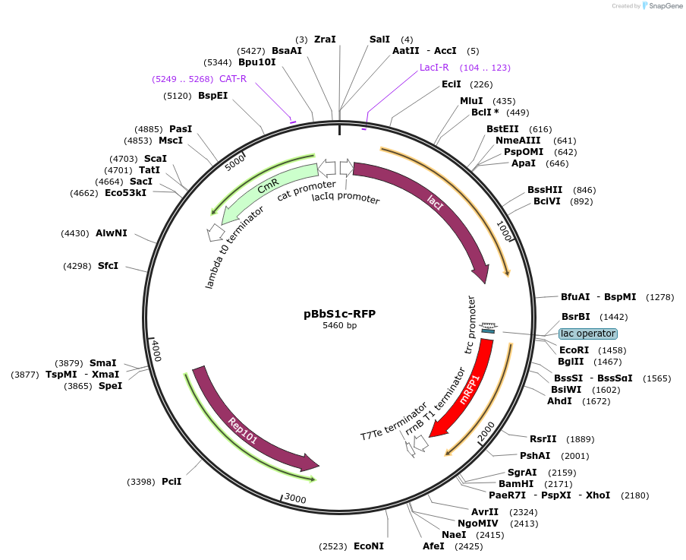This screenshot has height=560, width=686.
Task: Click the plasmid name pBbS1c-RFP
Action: tap(339, 313)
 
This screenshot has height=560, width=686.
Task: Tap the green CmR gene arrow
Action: tap(266, 189)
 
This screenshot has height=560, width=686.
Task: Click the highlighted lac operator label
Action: tap(588, 334)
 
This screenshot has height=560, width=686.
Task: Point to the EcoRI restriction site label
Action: tap(574, 350)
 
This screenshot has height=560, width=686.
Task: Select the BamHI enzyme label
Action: tap(516, 483)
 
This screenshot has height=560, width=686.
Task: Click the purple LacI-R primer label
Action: tap(434, 68)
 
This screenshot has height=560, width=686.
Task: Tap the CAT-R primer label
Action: tap(233, 78)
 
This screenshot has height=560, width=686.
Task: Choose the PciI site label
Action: tap(171, 481)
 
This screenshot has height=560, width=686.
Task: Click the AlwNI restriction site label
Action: tap(112, 233)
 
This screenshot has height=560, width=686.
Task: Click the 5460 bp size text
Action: tap(339, 326)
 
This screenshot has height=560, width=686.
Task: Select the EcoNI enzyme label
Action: tap(369, 546)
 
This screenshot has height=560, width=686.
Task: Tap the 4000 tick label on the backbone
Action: tap(156, 351)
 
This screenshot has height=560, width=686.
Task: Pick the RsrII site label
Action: tap(543, 438)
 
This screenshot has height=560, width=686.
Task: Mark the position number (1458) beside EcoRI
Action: tap(612, 350)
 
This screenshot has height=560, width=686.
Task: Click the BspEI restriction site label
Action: tap(212, 96)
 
